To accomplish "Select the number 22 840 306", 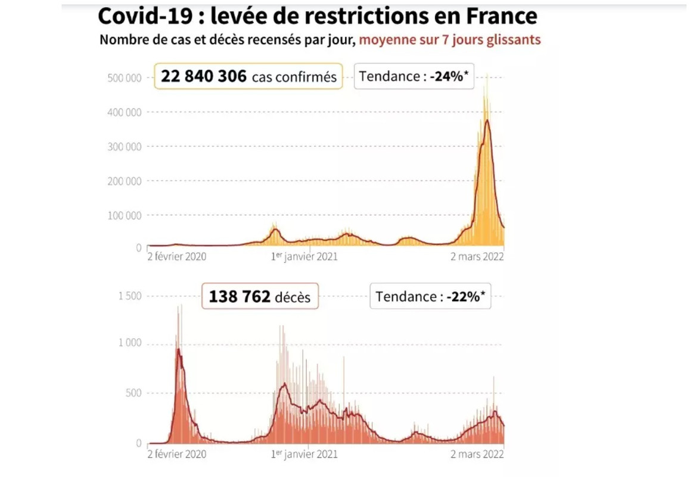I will click(x=203, y=76).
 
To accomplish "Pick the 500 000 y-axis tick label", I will click(x=125, y=78).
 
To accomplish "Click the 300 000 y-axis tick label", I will click(x=125, y=147).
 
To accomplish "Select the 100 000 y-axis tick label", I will click(x=125, y=215).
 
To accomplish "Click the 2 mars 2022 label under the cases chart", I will click(x=477, y=257).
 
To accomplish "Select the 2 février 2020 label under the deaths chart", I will click(x=176, y=454).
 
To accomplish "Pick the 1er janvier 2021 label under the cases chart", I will click(x=304, y=257).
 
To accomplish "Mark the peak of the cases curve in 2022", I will click(x=487, y=121).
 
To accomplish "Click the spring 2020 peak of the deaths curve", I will click(x=178, y=349).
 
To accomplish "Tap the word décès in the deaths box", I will click(x=293, y=297).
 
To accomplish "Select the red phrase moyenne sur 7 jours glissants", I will click(x=450, y=40).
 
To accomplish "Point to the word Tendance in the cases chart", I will click(x=390, y=76).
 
